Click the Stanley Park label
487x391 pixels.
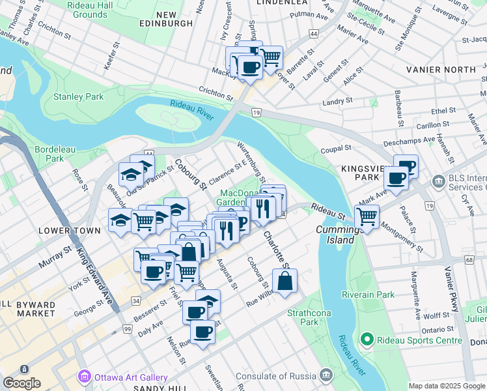(78, 96)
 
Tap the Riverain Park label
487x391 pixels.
(370, 295)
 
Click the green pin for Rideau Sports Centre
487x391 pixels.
(367, 340)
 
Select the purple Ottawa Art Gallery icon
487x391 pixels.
(85, 377)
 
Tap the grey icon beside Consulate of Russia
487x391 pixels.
(326, 375)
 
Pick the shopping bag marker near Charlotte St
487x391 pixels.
(285, 281)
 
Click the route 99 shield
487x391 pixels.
(126, 330)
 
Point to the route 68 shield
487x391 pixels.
(469, 260)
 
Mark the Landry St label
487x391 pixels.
(337, 101)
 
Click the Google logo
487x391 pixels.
(21, 383)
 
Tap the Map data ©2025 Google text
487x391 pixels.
(447, 386)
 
